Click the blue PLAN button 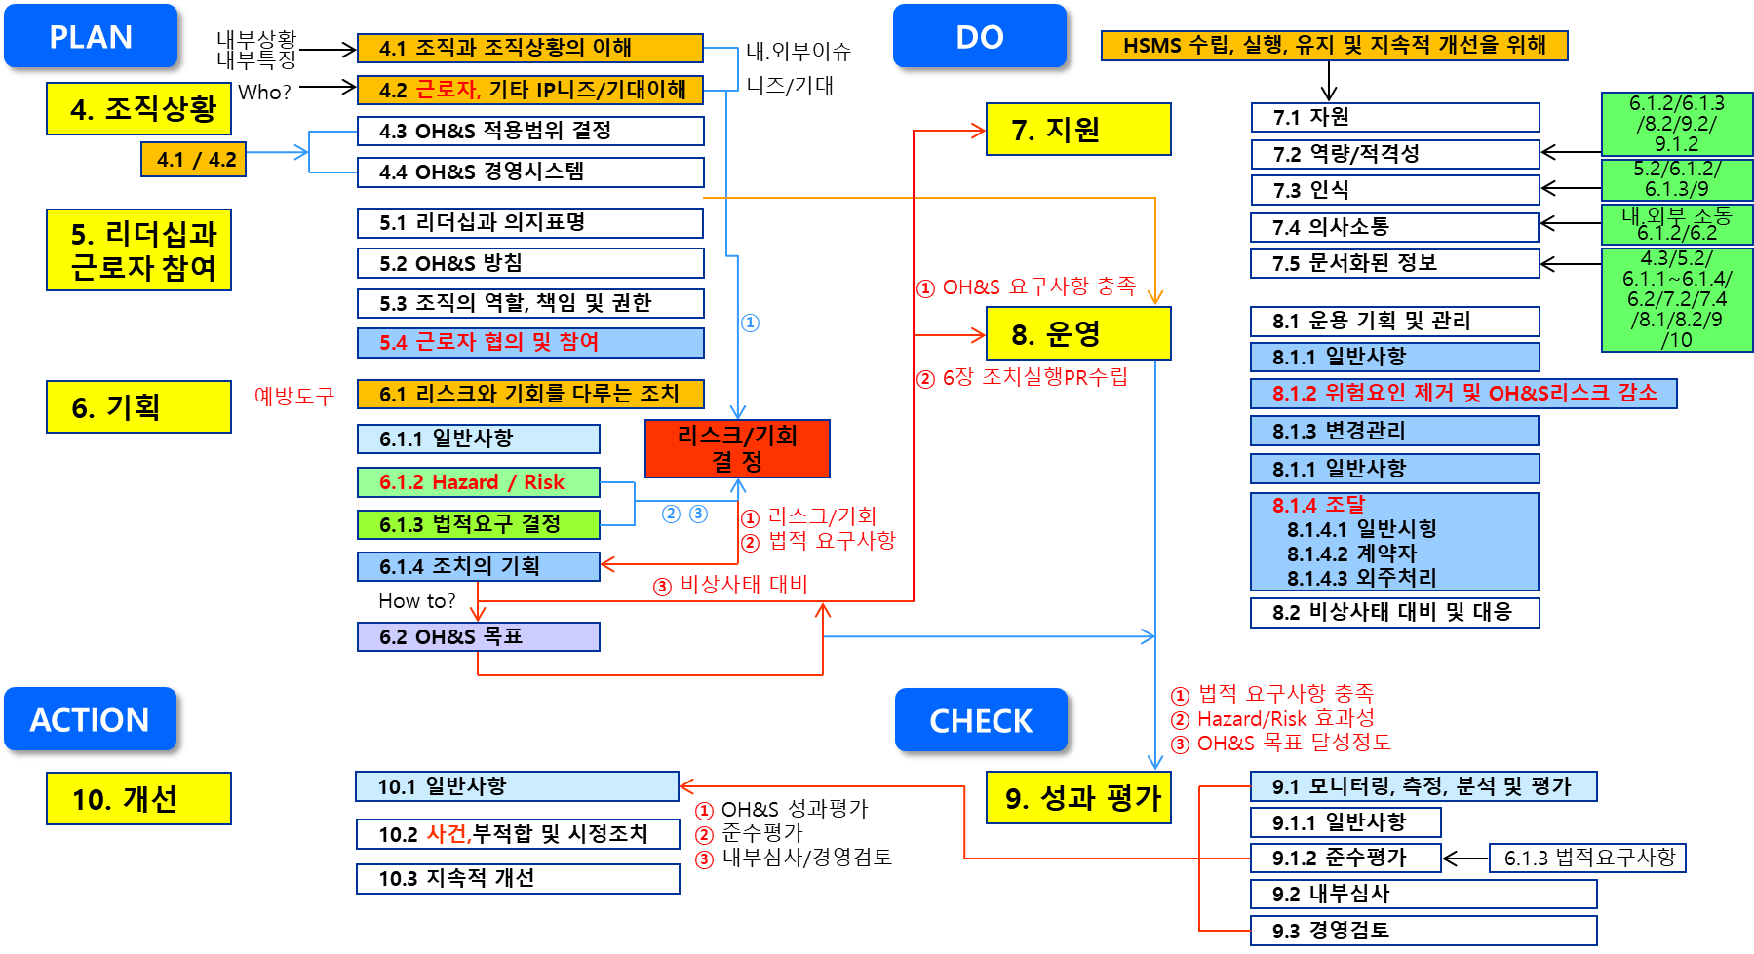(92, 37)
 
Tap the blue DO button (980, 37)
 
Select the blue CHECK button (981, 721)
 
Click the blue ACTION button (91, 720)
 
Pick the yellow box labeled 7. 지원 (1077, 130)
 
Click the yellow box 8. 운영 (1077, 334)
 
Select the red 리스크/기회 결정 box (737, 448)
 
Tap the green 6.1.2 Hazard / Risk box (478, 482)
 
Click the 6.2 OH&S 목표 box (478, 636)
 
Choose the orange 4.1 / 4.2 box (194, 160)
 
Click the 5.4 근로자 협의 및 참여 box (529, 342)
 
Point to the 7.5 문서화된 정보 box (1394, 263)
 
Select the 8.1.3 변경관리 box (1394, 431)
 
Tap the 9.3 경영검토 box (1423, 930)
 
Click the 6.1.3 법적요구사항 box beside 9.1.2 (1587, 858)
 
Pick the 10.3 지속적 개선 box (517, 878)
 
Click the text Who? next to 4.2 (264, 93)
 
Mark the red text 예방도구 (293, 396)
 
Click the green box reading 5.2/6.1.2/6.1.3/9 (1676, 178)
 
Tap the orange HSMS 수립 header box (1334, 46)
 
